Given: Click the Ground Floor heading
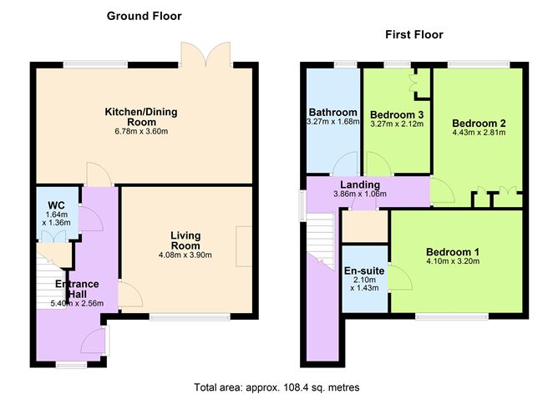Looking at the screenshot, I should tap(144, 16).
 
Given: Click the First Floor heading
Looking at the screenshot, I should tap(413, 34).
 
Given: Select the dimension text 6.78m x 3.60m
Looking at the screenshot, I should tap(141, 132).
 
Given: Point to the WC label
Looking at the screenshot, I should tap(57, 205).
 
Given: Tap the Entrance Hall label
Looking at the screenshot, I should tap(78, 291).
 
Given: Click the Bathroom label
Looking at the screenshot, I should tap(333, 113).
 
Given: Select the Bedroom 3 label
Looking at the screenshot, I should tap(397, 114).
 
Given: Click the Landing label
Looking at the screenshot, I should tap(360, 184).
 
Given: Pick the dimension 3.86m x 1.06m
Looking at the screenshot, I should tap(360, 194).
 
